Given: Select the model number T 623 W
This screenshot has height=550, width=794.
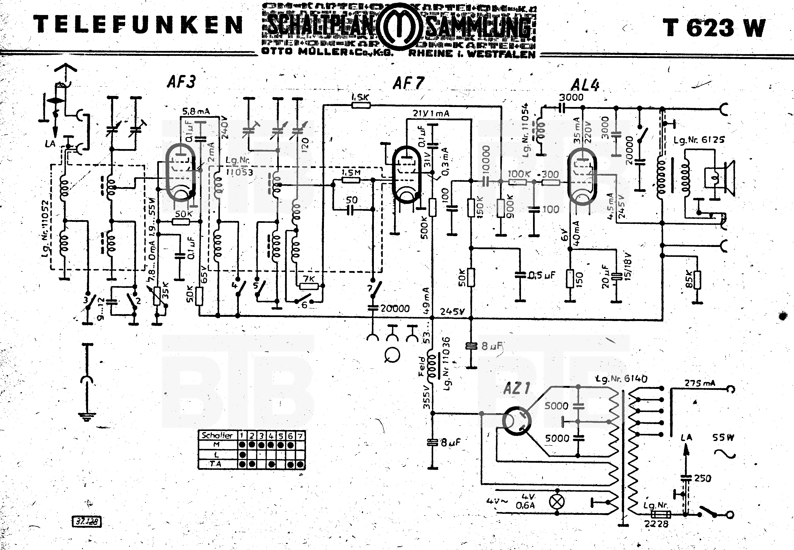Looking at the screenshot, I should click(713, 28).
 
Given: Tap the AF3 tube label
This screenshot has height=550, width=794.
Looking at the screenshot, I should click(181, 82).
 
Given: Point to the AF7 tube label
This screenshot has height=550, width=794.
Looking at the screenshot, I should click(408, 83).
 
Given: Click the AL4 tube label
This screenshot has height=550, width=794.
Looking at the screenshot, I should click(585, 85).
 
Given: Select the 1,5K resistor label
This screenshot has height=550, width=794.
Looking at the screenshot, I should click(360, 97).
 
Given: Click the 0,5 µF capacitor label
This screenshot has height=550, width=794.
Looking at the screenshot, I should click(542, 275).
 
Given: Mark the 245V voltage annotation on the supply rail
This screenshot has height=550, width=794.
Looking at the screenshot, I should click(452, 312).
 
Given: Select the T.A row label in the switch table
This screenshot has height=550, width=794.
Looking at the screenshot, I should click(216, 464).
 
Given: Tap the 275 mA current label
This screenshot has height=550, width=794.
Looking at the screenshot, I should click(700, 383).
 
